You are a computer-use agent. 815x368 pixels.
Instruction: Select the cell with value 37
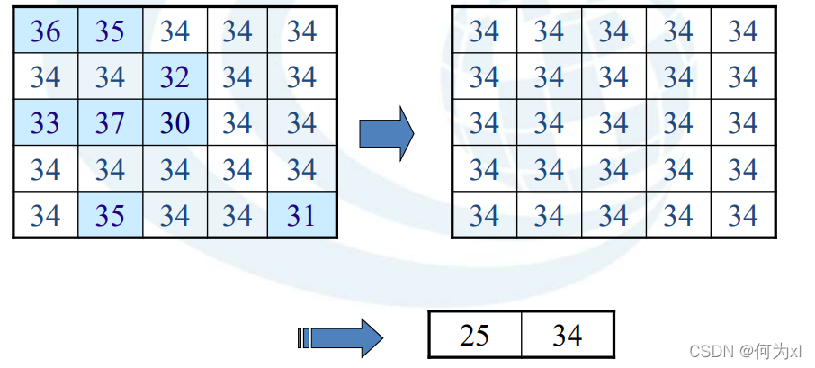point(110,122)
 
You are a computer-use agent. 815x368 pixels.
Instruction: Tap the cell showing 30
point(175,122)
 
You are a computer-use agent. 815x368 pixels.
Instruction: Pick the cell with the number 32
point(175,76)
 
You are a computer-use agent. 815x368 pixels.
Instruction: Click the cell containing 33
point(45,122)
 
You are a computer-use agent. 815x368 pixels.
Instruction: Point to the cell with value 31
point(303,215)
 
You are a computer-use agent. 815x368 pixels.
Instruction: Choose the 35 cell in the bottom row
point(110,215)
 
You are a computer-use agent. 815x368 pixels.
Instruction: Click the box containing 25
point(474,336)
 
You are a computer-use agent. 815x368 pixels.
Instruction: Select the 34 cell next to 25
point(567,336)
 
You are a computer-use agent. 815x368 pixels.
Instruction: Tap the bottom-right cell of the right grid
point(743,215)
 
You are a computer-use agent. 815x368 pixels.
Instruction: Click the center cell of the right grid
point(613,122)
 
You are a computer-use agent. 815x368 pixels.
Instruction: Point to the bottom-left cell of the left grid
point(45,215)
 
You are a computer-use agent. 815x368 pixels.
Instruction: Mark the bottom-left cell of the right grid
point(484,215)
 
